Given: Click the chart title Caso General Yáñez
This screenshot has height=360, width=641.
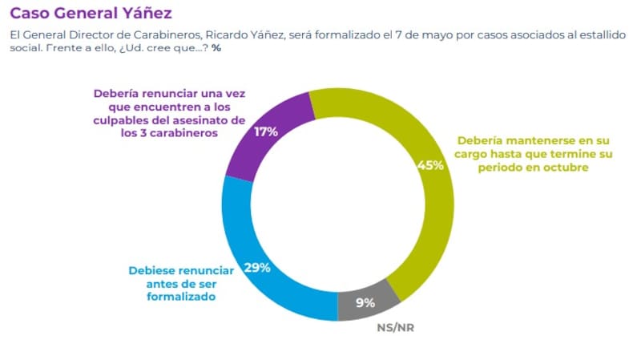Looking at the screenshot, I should click(90, 14).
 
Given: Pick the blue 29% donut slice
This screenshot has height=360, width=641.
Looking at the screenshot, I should click(256, 273).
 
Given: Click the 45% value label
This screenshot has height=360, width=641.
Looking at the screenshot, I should click(431, 166).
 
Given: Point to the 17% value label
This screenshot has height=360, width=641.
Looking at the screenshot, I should click(266, 131).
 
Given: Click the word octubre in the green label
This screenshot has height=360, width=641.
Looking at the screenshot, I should click(566, 168).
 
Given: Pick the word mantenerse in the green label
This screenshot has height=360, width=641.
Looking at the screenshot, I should click(534, 140).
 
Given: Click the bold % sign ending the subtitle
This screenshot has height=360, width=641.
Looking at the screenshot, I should click(216, 49).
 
